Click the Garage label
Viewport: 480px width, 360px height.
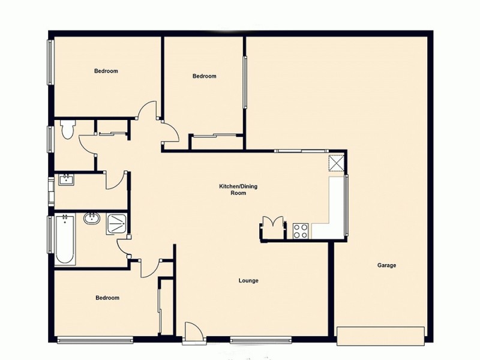(386, 265)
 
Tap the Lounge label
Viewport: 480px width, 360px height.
(248, 280)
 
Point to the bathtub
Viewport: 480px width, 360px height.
(65, 240)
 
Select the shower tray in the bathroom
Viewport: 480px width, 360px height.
(116, 224)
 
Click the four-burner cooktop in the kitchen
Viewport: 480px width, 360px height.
(301, 230)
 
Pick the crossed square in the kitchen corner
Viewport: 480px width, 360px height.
(337, 163)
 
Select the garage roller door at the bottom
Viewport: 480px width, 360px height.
(380, 335)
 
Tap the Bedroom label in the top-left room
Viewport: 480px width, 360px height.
(106, 71)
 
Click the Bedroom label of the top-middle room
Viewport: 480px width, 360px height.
(204, 76)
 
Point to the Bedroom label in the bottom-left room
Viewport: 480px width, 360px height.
(107, 298)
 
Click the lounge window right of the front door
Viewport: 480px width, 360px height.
(252, 341)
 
